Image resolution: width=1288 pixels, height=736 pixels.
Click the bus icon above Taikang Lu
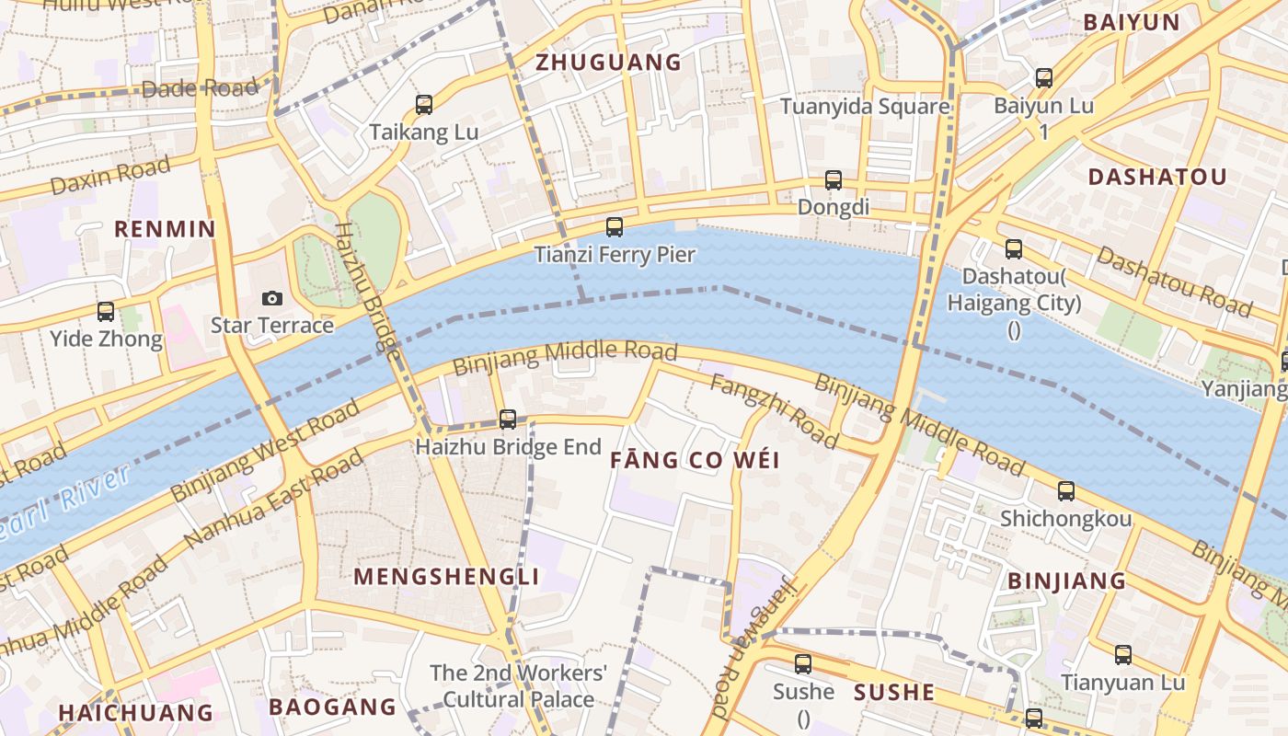pyautogui.click(x=424, y=105)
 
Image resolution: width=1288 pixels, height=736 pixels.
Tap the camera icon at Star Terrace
pyautogui.click(x=271, y=298)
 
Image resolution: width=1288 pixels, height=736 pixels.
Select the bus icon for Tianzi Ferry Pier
pyautogui.click(x=615, y=226)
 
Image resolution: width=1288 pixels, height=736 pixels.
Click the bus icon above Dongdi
pyautogui.click(x=834, y=180)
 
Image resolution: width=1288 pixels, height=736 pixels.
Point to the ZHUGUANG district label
pyautogui.click(x=609, y=63)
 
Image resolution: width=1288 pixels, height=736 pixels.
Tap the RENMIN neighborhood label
pyautogui.click(x=165, y=229)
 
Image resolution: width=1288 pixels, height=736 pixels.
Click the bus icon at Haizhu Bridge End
pyautogui.click(x=508, y=420)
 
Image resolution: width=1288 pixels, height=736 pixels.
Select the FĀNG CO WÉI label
pyautogui.click(x=696, y=460)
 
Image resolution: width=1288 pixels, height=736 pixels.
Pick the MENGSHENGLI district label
pyautogui.click(x=446, y=577)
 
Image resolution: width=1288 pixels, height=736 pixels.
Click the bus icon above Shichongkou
pyautogui.click(x=1066, y=491)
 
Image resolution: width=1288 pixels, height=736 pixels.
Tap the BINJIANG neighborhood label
pyautogui.click(x=1067, y=581)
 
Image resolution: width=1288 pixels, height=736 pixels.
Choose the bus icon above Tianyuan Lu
pyautogui.click(x=1123, y=655)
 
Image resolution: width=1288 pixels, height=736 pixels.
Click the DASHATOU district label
pyautogui.click(x=1157, y=178)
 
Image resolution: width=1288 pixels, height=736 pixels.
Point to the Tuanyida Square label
pyautogui.click(x=865, y=107)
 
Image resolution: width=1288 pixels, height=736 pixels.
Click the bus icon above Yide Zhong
pyautogui.click(x=106, y=312)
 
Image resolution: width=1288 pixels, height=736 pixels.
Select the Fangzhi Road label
pyautogui.click(x=774, y=411)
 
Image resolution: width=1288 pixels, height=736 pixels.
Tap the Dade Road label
pyautogui.click(x=200, y=88)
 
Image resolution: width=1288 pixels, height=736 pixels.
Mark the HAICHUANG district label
pyautogui.click(x=136, y=713)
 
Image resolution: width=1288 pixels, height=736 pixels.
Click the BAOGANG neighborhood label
pyautogui.click(x=332, y=707)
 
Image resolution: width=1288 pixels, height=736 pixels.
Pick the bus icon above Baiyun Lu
pyautogui.click(x=1044, y=78)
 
